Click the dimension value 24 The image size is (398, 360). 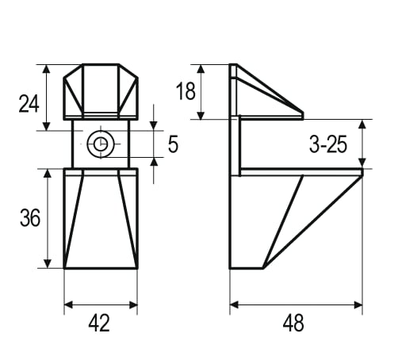tap(29, 104)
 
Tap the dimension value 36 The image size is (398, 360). tap(30, 218)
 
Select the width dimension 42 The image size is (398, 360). tap(99, 324)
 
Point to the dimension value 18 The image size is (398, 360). tap(186, 91)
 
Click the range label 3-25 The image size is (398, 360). tap(328, 145)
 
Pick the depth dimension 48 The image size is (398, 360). tap(293, 324)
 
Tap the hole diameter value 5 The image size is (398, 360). tap(173, 144)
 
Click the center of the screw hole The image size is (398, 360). tap(101, 144)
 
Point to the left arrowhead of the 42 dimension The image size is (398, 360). tap(68, 304)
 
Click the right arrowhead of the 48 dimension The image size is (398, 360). tap(358, 304)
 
